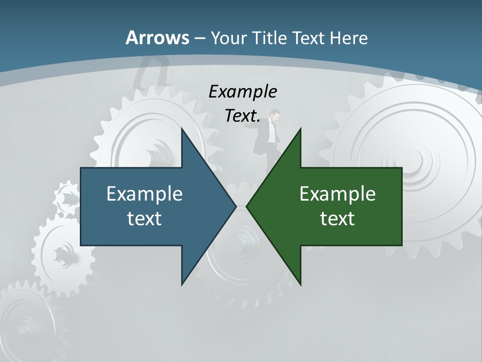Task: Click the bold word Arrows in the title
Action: point(157,38)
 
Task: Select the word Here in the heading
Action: point(349,38)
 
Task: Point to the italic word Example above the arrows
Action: point(243,92)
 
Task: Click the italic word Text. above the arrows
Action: point(243,116)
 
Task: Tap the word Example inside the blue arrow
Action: point(145,194)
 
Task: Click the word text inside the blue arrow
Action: point(145,218)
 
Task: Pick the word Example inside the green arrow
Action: point(337,194)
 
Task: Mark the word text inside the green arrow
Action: point(337,218)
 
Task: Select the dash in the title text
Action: point(199,38)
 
